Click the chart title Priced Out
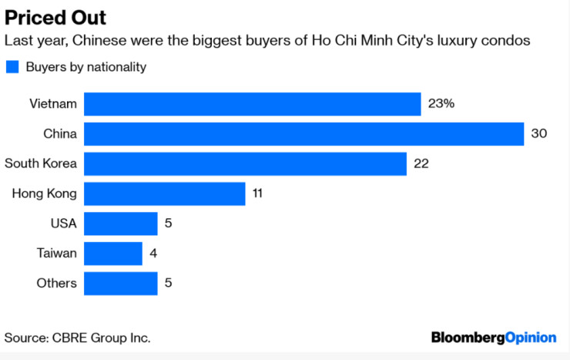coord(55,17)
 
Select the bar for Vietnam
coord(252,104)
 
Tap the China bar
coord(303,134)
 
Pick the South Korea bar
coord(245,163)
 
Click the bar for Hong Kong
coord(164,193)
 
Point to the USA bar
coord(120,224)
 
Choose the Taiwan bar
coord(112,253)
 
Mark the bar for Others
coord(120,283)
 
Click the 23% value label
coord(442,104)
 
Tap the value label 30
coord(538,134)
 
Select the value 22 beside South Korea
coord(421,163)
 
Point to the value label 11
coord(257,193)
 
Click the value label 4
coord(153,253)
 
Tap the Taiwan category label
coord(56,253)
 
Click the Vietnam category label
coord(53,104)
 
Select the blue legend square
coord(12,67)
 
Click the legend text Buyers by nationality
coord(85,67)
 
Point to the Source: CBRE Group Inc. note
coord(77,338)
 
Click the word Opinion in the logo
coord(530,338)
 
